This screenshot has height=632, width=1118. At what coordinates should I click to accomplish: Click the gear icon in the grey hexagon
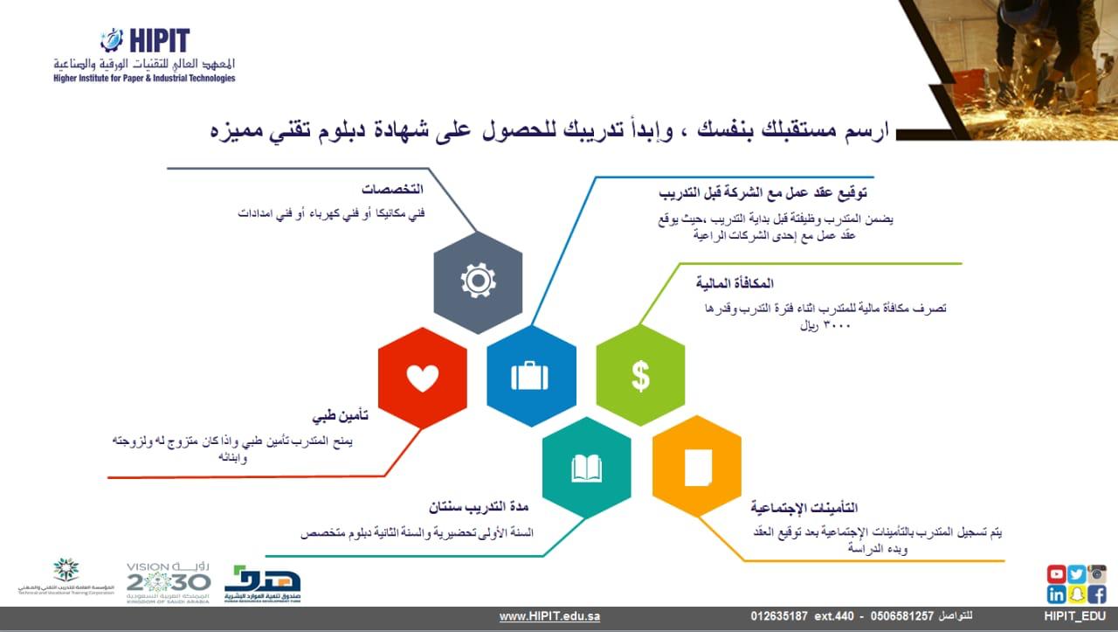[478, 281]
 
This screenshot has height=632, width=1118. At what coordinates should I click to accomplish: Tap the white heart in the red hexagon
[422, 378]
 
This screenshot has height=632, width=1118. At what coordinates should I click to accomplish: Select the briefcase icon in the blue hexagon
[529, 376]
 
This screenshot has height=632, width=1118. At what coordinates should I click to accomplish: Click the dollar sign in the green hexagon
[641, 376]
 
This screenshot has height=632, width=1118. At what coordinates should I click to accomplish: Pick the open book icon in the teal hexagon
[586, 469]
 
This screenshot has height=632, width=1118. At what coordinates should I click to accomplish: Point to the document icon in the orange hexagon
[698, 468]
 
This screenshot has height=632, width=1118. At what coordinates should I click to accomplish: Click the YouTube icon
[1056, 574]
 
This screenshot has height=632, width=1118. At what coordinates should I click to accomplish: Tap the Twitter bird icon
[1077, 574]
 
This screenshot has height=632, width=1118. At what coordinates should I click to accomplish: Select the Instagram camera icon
[1097, 574]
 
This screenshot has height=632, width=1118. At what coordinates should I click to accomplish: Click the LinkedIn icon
[1056, 594]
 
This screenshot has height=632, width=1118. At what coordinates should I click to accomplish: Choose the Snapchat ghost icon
[1077, 594]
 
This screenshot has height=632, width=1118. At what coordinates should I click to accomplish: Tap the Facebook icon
[1097, 594]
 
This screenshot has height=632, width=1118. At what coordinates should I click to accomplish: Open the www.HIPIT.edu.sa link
[549, 616]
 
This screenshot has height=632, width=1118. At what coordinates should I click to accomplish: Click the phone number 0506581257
[901, 616]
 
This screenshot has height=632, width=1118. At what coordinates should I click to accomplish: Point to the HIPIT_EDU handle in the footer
[1074, 616]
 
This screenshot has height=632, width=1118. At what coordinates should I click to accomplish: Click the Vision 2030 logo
[169, 583]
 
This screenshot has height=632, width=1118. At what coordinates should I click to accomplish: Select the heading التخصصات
[392, 190]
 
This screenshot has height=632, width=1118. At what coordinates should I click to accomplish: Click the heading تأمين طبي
[341, 416]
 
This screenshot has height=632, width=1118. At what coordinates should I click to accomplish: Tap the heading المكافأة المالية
[735, 284]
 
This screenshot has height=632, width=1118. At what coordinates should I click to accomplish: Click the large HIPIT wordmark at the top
[160, 40]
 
